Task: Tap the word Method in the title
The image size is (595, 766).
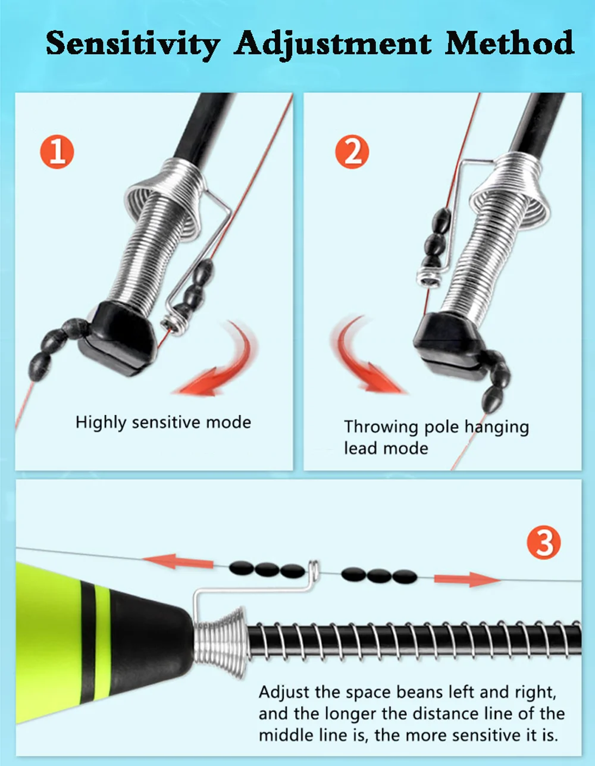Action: [510, 42]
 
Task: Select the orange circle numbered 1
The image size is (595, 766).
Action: [57, 151]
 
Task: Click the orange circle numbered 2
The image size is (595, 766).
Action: [352, 152]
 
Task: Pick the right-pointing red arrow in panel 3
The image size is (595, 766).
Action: [467, 579]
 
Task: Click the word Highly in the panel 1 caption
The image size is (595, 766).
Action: [101, 423]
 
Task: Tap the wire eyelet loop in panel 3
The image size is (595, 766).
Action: [314, 570]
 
